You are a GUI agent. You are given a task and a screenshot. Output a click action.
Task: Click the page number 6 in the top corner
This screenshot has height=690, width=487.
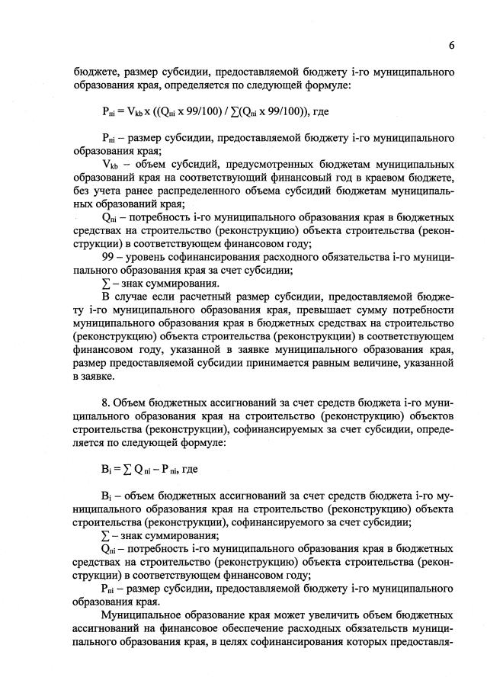tap(452, 45)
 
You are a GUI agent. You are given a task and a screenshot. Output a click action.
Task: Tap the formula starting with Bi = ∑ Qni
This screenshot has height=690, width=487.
tap(139, 470)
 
